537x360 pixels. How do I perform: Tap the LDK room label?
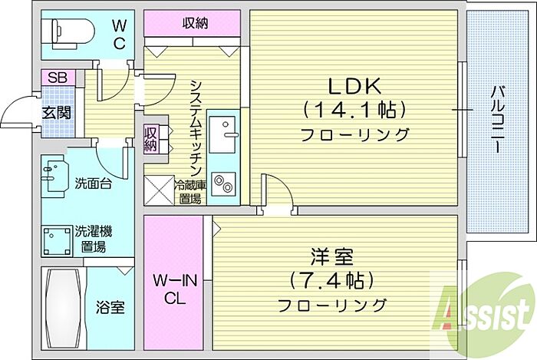click(x=355, y=84)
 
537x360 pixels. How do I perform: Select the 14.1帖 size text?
click(x=354, y=110)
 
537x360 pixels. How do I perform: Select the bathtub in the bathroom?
click(x=63, y=307)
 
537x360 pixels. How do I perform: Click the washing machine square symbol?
click(x=56, y=239)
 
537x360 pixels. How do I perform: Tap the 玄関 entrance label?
click(x=57, y=113)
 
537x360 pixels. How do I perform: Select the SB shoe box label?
click(x=57, y=78)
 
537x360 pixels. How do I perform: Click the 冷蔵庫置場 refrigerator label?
click(x=189, y=190)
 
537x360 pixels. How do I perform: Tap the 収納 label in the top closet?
click(x=196, y=22)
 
